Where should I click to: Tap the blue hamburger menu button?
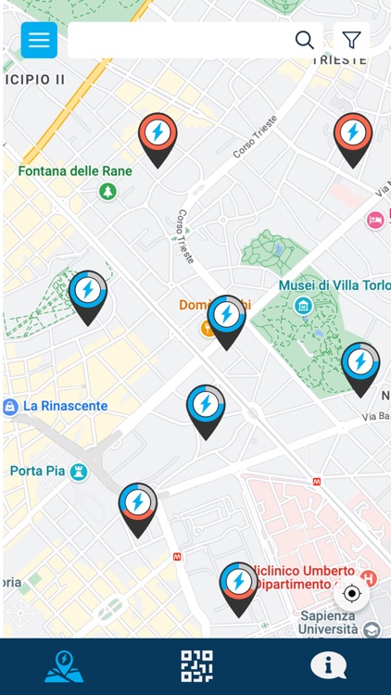(39, 40)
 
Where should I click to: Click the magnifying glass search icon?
(304, 40)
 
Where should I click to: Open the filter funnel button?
(351, 40)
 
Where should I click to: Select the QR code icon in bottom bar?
(196, 666)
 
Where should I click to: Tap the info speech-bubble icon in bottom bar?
(328, 665)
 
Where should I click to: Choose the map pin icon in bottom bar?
(64, 666)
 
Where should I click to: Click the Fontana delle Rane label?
(75, 171)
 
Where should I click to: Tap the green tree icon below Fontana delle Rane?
(108, 191)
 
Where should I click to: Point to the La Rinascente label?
(65, 406)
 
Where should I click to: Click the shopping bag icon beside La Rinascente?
(10, 406)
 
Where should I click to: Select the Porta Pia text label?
(37, 471)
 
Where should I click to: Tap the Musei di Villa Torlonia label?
(334, 285)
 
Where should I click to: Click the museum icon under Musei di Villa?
(302, 305)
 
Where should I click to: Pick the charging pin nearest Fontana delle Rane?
(158, 136)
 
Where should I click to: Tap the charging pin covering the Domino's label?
(226, 318)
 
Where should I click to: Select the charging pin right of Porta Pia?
(137, 505)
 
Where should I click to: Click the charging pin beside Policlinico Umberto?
(238, 585)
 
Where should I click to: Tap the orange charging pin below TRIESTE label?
(352, 136)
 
